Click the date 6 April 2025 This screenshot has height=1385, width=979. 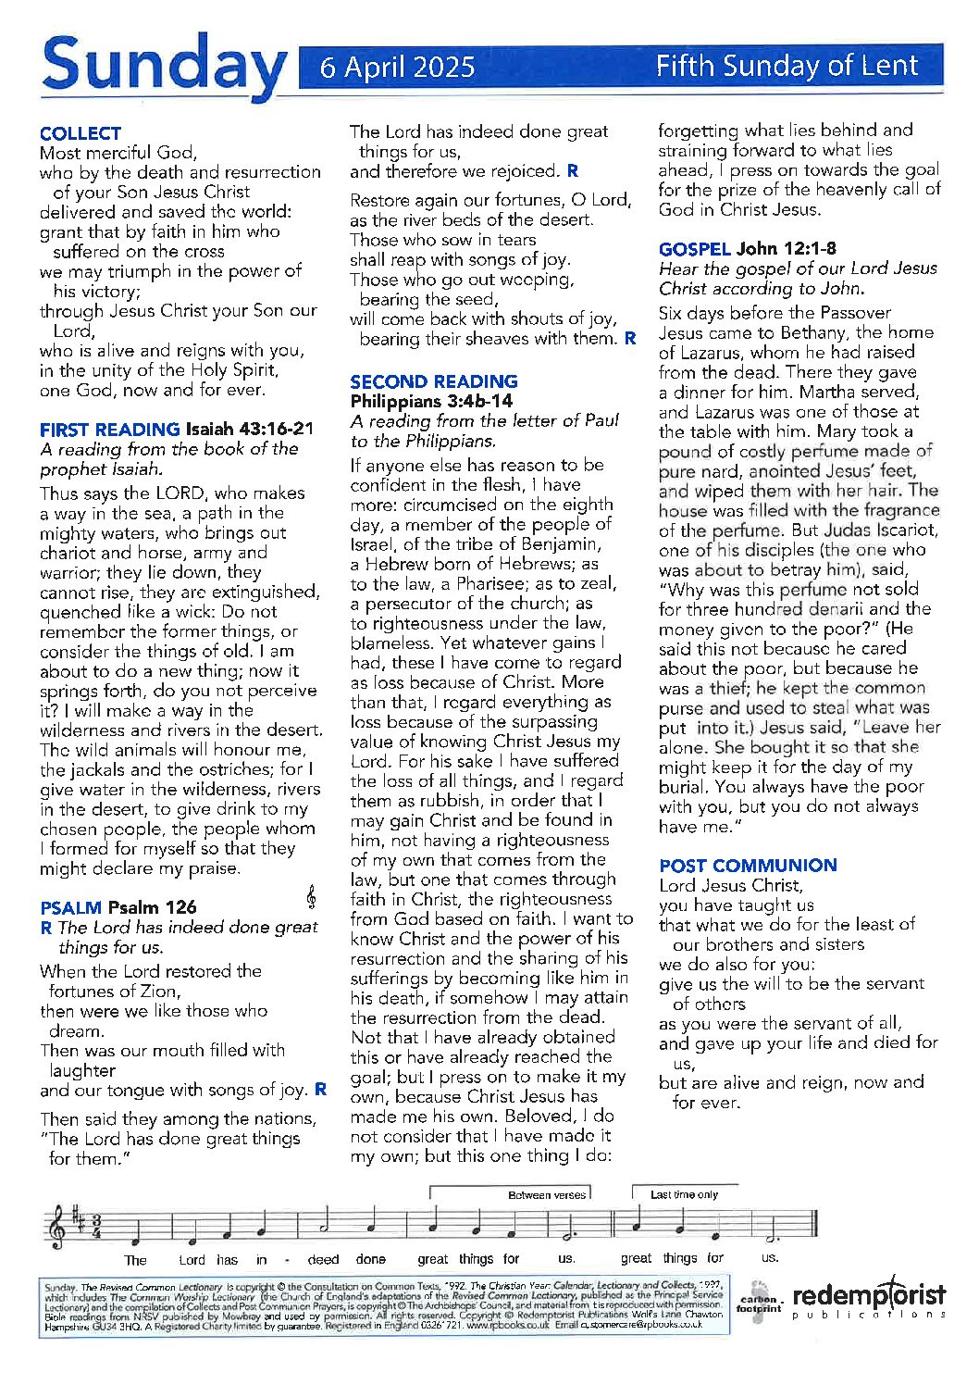click(x=397, y=67)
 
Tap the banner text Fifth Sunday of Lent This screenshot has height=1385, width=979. click(x=787, y=66)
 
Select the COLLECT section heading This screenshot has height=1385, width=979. click(x=81, y=133)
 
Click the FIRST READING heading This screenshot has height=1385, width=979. click(x=109, y=430)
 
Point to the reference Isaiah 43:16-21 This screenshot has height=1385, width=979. click(x=250, y=430)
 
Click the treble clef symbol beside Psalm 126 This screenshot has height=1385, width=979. click(x=311, y=896)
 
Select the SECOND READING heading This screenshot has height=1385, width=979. click(x=433, y=381)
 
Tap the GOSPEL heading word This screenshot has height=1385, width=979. click(x=694, y=249)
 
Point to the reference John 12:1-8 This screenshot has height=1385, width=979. click(x=787, y=249)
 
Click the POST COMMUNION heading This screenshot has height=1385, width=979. click(x=748, y=866)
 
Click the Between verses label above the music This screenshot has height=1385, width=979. click(x=546, y=1195)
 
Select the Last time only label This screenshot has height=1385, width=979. click(x=684, y=1195)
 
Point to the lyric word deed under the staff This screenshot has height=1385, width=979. click(x=323, y=1260)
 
